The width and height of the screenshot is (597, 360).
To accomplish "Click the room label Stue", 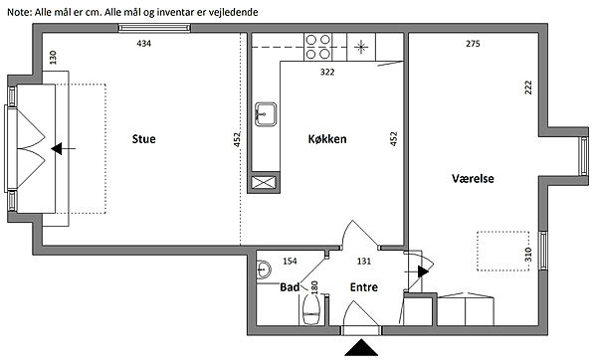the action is tap(143, 139).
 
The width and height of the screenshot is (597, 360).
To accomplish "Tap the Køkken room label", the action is tap(327, 139).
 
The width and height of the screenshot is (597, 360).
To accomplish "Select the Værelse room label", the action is tap(473, 178).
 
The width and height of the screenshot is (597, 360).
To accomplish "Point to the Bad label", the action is tap(290, 287).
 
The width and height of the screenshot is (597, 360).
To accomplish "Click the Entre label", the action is tap(364, 287).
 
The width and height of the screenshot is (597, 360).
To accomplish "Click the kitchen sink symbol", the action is tap(266, 114).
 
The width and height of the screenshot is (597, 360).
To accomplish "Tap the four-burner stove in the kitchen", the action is tap(318, 47).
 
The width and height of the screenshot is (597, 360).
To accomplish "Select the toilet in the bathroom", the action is tap(311, 310).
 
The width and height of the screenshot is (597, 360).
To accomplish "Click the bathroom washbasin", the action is tap(263, 270).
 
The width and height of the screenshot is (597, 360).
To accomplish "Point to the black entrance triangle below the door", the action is tap(361, 348).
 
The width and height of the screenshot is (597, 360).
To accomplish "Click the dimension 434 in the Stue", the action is tap(144, 44).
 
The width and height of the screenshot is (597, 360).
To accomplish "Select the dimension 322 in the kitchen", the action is tap(327, 72).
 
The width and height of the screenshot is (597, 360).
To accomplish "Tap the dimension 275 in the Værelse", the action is tap(473, 44).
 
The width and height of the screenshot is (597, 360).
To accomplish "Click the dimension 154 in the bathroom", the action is tap(290, 262).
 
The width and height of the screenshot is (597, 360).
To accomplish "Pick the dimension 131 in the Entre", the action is tap(364, 262).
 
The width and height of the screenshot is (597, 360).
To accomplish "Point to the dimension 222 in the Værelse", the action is tap(528, 88).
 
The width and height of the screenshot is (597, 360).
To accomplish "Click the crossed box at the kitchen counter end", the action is tap(264, 182).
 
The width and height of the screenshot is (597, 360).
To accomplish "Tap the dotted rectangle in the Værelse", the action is tap(503, 252).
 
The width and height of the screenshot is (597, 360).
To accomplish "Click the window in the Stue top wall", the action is tap(154, 28).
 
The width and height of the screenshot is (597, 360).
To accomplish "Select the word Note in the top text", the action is tap(20, 12).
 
